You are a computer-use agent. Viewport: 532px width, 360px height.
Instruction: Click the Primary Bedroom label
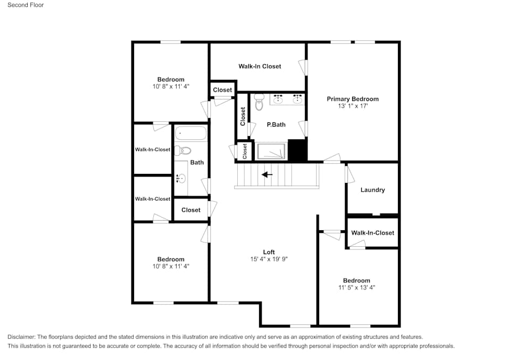pyautogui.click(x=352, y=99)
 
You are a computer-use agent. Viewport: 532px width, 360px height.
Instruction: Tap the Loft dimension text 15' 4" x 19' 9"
pyautogui.click(x=269, y=259)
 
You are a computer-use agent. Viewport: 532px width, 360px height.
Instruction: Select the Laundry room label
pyautogui.click(x=372, y=190)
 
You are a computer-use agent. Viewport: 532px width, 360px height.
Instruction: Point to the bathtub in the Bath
pyautogui.click(x=190, y=133)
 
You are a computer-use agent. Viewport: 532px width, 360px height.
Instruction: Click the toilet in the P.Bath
pyautogui.click(x=259, y=102)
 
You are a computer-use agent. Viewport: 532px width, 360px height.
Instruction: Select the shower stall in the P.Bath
pyautogui.click(x=271, y=151)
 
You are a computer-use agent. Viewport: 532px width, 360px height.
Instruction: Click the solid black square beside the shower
pyautogui.click(x=297, y=150)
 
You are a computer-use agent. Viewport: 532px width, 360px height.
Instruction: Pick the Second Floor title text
pyautogui.click(x=26, y=5)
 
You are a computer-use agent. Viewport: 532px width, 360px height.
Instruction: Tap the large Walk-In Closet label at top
pyautogui.click(x=260, y=66)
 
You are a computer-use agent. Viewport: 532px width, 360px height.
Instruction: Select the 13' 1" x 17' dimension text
pyautogui.click(x=353, y=106)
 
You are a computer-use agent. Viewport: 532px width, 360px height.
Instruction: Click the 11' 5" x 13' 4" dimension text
pyautogui.click(x=356, y=288)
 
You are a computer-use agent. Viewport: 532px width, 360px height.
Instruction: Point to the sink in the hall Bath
pyautogui.click(x=180, y=178)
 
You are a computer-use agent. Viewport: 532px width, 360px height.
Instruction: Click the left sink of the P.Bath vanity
pyautogui.click(x=278, y=99)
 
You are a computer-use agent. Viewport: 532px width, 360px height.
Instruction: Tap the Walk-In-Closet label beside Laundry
pyautogui.click(x=372, y=233)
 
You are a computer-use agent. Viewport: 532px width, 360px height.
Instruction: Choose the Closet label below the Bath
pyautogui.click(x=191, y=210)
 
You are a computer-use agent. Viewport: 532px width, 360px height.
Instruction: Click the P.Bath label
pyautogui.click(x=276, y=124)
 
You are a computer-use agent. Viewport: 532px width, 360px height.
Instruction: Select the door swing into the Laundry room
pyautogui.click(x=350, y=174)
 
